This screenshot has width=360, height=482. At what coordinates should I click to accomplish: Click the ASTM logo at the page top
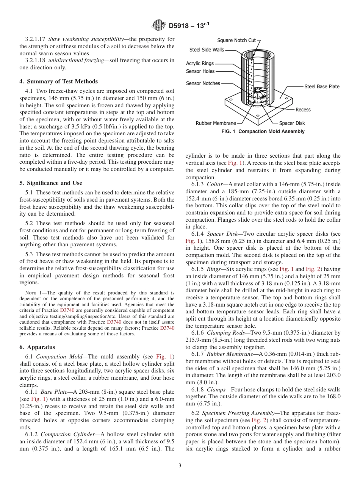(x=158, y=25)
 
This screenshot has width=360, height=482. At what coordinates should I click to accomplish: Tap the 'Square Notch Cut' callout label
(x=236, y=40)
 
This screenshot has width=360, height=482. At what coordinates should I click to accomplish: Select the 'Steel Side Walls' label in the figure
(x=207, y=50)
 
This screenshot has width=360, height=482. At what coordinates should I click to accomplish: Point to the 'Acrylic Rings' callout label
(x=200, y=63)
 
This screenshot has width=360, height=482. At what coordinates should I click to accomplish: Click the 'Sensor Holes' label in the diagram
(x=200, y=71)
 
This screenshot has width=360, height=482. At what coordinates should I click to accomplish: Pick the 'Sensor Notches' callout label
(x=203, y=83)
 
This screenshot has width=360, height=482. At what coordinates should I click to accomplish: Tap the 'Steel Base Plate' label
(x=322, y=86)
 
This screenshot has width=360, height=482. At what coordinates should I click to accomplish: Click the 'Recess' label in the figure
(x=303, y=110)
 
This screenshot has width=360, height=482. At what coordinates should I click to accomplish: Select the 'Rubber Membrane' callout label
(x=216, y=123)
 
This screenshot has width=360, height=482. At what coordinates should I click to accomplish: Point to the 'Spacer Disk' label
(x=292, y=123)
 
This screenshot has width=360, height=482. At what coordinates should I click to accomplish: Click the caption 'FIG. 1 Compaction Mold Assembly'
(x=263, y=131)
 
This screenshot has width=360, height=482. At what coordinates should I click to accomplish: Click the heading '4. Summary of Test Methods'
(x=58, y=81)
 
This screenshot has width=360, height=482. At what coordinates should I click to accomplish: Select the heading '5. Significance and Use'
(x=50, y=183)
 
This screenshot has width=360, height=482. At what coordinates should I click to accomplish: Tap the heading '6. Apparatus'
(x=37, y=347)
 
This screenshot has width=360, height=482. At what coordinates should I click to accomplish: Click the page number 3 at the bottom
(x=180, y=465)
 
